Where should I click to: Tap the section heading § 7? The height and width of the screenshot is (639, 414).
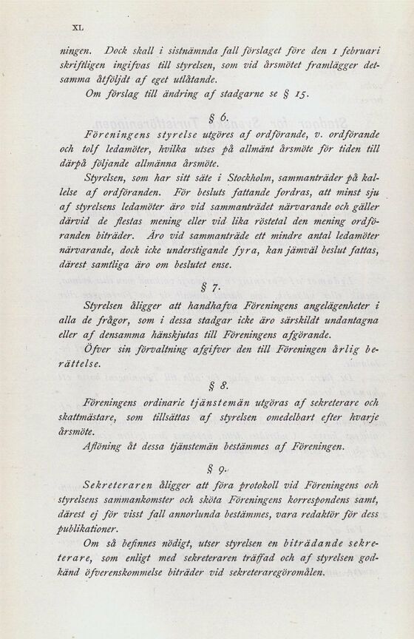coord(209,285)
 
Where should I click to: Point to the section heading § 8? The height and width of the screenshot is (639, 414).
coord(209,385)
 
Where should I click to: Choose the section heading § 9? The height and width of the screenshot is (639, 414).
coord(209,467)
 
